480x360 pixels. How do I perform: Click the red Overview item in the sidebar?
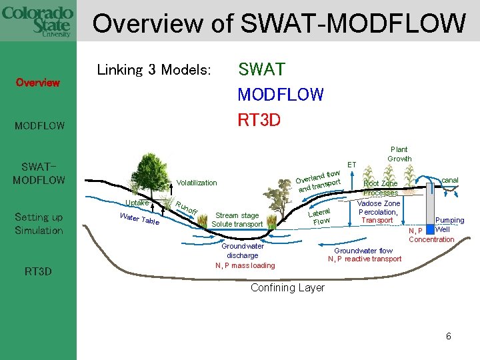click(38, 83)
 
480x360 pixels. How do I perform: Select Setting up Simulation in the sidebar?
click(38, 223)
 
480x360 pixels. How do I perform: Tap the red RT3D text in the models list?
click(259, 120)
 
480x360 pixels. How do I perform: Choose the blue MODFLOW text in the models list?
click(280, 95)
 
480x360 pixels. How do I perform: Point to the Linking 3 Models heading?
click(154, 70)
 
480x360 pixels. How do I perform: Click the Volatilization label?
click(197, 183)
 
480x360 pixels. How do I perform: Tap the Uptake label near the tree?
click(137, 203)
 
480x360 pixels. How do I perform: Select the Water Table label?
click(139, 218)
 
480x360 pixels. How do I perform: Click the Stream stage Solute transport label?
click(237, 220)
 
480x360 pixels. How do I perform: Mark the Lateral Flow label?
click(321, 217)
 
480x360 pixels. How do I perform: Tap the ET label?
click(352, 164)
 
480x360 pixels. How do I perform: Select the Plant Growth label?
click(399, 154)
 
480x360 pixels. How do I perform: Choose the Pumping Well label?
click(449, 225)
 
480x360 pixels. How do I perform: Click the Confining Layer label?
click(287, 288)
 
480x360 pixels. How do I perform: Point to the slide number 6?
click(449, 337)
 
